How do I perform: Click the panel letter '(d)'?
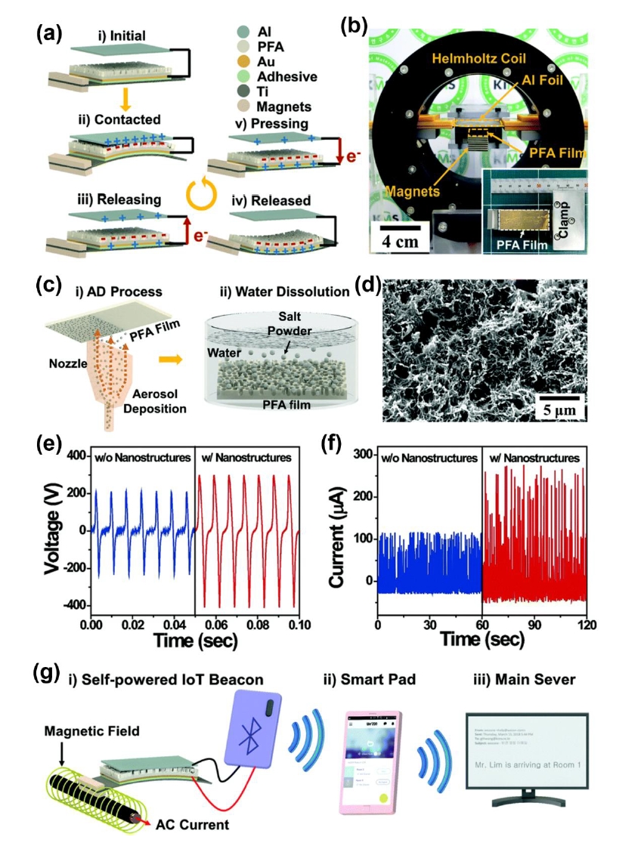(x=367, y=286)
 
